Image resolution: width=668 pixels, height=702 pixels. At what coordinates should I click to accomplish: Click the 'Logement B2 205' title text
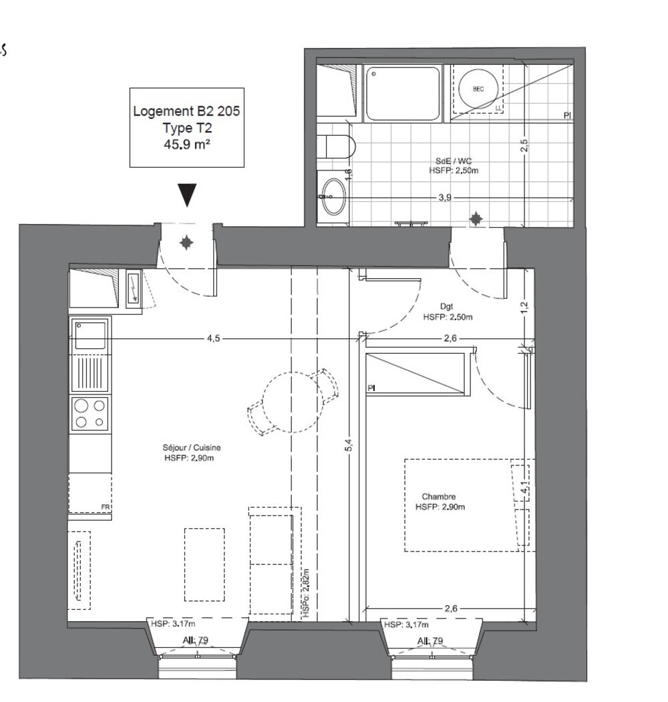click(186, 111)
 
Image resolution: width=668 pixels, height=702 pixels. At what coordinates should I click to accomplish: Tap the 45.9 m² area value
click(186, 143)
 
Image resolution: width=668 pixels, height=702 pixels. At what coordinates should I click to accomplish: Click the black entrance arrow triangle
click(188, 195)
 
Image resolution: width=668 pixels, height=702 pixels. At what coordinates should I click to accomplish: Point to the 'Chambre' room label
click(439, 497)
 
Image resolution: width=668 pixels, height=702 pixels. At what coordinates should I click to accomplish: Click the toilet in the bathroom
click(338, 146)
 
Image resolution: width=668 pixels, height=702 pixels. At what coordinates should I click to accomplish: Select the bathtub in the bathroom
click(402, 94)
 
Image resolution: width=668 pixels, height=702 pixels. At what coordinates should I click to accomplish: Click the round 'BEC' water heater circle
click(479, 89)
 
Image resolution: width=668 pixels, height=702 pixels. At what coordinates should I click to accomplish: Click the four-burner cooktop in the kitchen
click(90, 413)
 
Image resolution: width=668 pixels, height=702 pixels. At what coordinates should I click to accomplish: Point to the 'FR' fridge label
click(105, 507)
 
